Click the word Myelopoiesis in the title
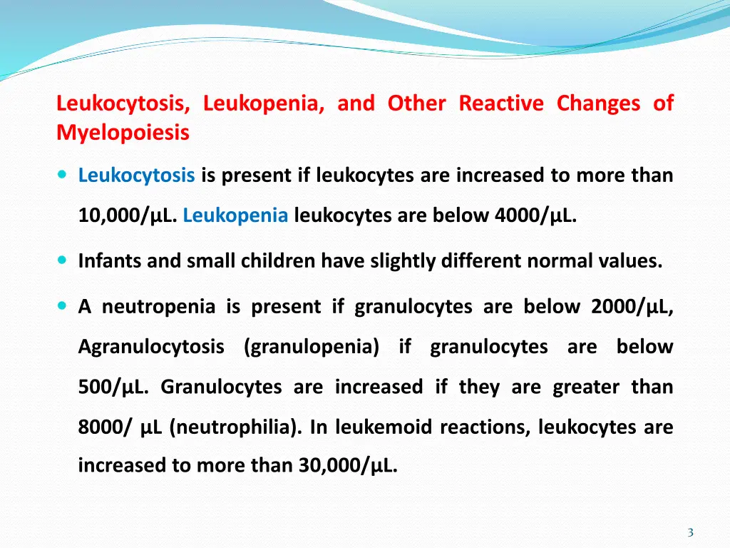(x=123, y=133)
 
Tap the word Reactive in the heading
(x=500, y=103)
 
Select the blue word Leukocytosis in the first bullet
(x=136, y=175)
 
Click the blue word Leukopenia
(x=235, y=215)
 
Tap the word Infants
(x=110, y=261)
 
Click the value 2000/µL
(x=632, y=307)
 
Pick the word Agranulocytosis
(x=151, y=347)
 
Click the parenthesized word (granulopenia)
(x=312, y=347)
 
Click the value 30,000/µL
(x=351, y=465)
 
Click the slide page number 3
(x=690, y=532)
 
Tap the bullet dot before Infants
(x=63, y=261)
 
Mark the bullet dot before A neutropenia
(x=63, y=307)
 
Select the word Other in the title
(x=416, y=103)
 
